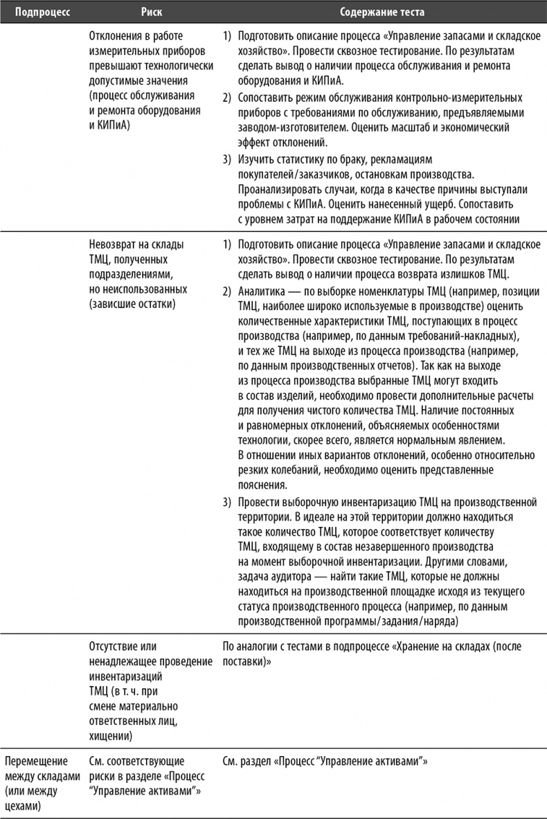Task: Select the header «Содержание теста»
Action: [x=382, y=12]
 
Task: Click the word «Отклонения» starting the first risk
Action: [x=119, y=35]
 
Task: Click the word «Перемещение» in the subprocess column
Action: [x=36, y=762]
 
